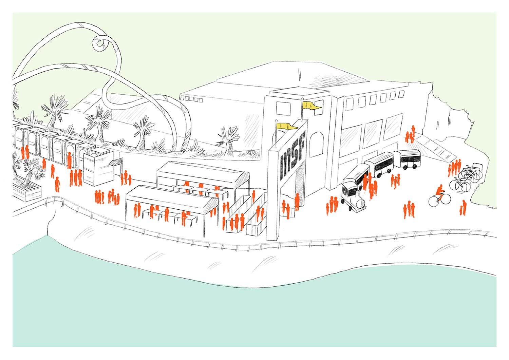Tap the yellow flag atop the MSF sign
coord(287,127)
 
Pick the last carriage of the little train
coord(407,159)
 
